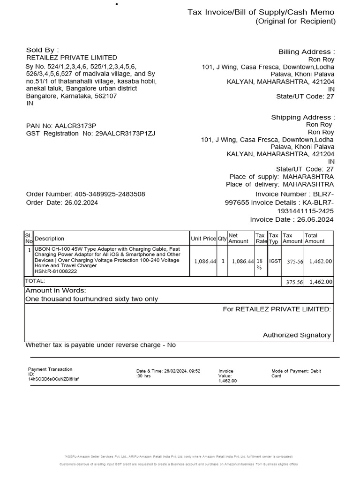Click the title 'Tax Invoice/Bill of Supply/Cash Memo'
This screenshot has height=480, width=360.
coord(262,12)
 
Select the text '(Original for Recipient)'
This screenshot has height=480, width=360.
coord(295,21)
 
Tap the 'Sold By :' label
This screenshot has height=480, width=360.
coord(42,50)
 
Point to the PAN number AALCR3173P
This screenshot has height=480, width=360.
coord(75,126)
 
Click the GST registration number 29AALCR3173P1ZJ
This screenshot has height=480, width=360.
coord(125,134)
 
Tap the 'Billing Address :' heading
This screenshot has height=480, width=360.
coord(307,52)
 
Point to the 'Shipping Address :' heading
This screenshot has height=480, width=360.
coord(303,117)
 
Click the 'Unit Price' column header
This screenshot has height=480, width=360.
coord(203,239)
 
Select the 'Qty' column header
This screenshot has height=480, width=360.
coord(222,239)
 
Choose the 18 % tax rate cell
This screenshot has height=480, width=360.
coord(260,263)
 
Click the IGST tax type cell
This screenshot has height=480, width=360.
coord(275,260)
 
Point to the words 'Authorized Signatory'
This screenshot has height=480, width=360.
coord(297,335)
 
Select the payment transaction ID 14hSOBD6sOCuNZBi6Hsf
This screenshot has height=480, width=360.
coord(53,379)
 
